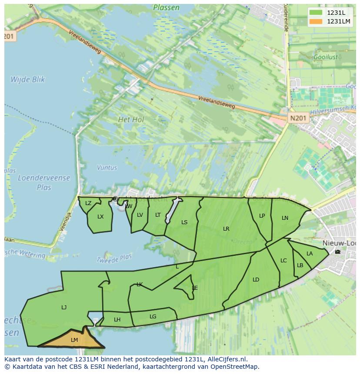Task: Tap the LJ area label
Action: (64, 308)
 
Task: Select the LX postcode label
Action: (100, 217)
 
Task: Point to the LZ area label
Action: (88, 203)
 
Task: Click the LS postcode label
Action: (184, 222)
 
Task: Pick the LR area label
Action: (226, 229)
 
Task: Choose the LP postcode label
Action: (262, 216)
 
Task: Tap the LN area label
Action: (285, 218)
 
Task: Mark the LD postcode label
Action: (256, 280)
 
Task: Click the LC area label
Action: (283, 261)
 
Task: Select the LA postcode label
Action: (310, 254)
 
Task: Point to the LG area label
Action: (153, 317)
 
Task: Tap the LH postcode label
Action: (117, 320)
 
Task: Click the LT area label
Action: (158, 215)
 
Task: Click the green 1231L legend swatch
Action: (316, 12)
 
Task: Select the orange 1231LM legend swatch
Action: (316, 21)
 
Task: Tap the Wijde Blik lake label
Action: (27, 79)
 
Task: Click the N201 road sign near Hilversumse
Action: (298, 118)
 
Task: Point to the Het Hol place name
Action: (131, 119)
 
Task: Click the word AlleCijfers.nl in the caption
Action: (227, 359)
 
